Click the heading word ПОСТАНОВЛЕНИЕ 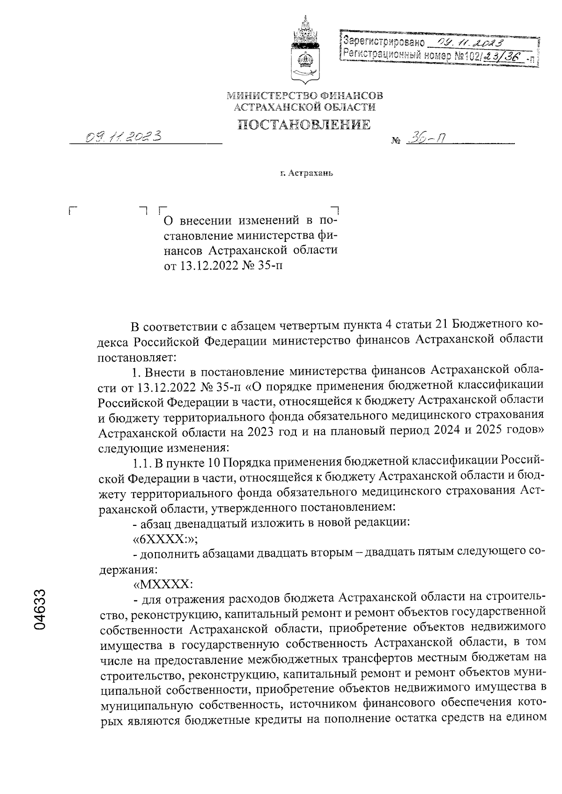304,124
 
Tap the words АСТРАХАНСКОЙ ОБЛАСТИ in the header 304,108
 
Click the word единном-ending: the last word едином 524,721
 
